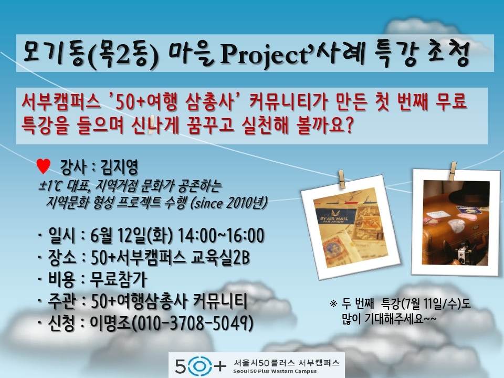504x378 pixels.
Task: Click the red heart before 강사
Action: point(44,166)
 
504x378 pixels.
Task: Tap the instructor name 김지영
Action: point(119,167)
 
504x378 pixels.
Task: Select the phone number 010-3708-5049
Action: point(192,323)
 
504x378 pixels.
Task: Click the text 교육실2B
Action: point(220,257)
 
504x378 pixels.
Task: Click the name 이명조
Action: point(110,323)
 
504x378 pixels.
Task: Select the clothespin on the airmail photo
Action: point(342,179)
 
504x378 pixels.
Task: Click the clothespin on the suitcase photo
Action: point(453,171)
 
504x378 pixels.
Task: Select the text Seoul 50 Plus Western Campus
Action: point(275,371)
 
